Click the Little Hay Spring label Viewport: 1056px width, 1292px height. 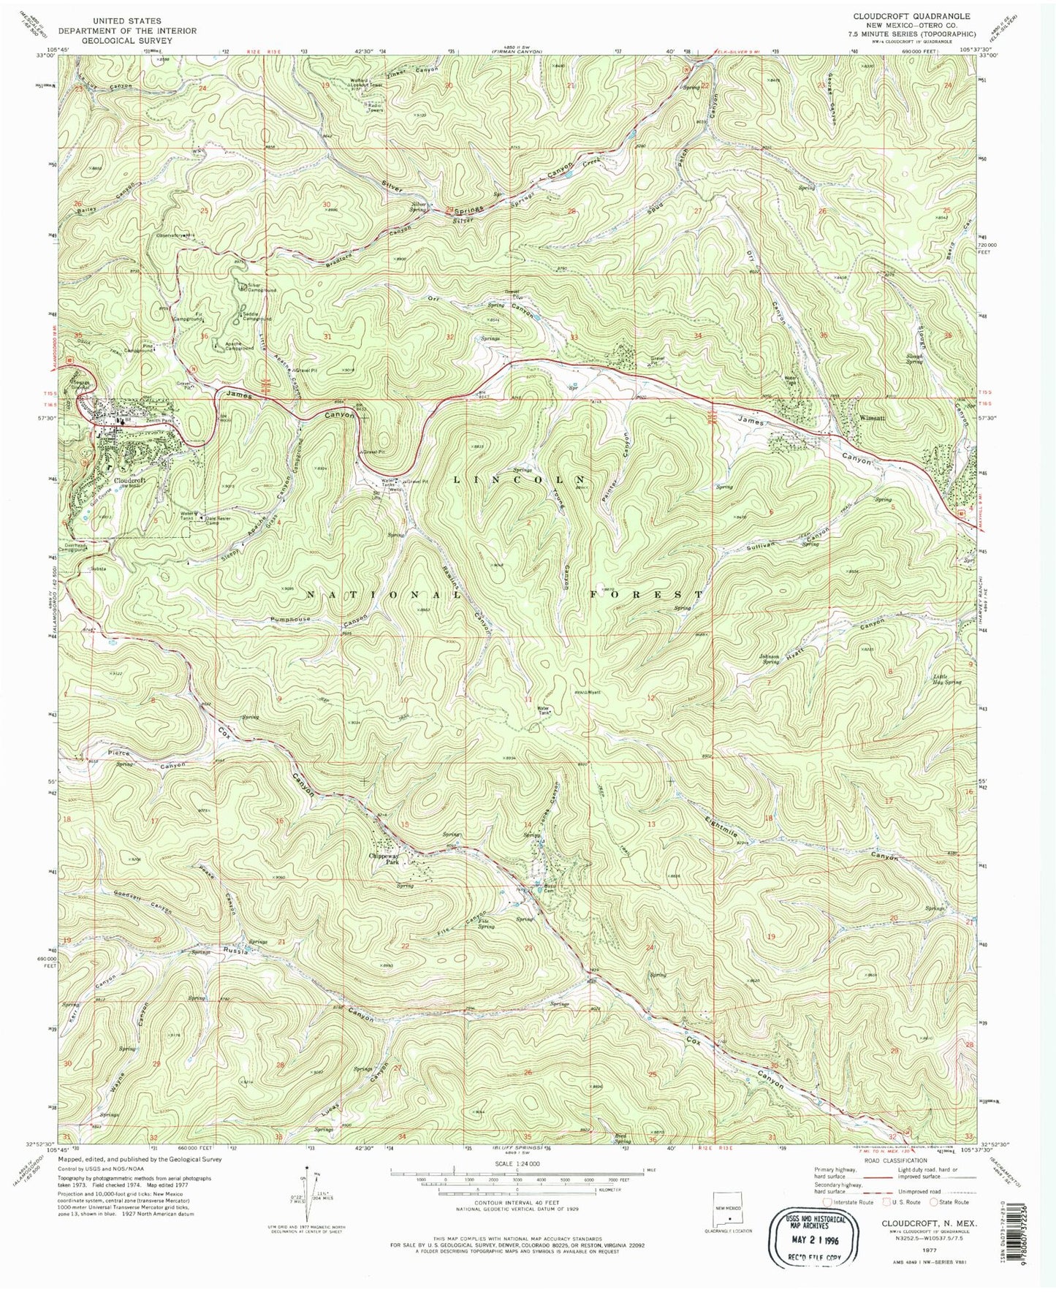pyautogui.click(x=946, y=679)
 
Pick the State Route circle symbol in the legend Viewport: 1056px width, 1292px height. pyautogui.click(x=934, y=1201)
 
